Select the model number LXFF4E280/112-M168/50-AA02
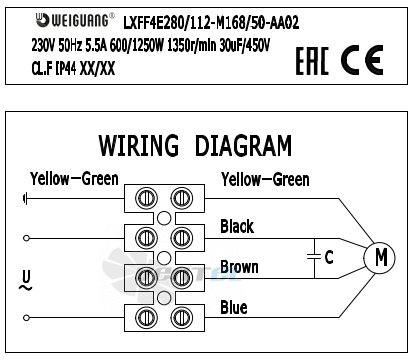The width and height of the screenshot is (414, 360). point(211,23)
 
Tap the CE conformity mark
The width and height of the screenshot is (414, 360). point(362,60)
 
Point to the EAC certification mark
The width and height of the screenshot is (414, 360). point(312,60)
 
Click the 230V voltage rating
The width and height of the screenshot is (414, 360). point(43,45)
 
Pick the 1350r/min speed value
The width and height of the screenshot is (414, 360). point(192,45)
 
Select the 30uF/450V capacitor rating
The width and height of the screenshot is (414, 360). point(244,45)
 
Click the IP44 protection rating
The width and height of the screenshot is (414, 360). point(66,69)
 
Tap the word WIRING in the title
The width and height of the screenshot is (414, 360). point(139,145)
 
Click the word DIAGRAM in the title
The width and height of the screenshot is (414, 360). point(243,145)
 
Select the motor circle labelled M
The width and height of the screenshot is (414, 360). point(379,258)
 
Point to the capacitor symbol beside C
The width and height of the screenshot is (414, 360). point(314,257)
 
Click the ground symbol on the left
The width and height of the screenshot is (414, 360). point(25,199)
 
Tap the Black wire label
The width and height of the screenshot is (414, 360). point(237,226)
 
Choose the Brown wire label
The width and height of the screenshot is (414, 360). point(239,267)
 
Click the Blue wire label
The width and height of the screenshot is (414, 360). point(234,307)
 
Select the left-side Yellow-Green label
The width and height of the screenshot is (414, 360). point(74,179)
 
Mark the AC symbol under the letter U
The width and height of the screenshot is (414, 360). point(25,287)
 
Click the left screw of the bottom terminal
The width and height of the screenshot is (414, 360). point(146,317)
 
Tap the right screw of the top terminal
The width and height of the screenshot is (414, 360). point(182,198)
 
